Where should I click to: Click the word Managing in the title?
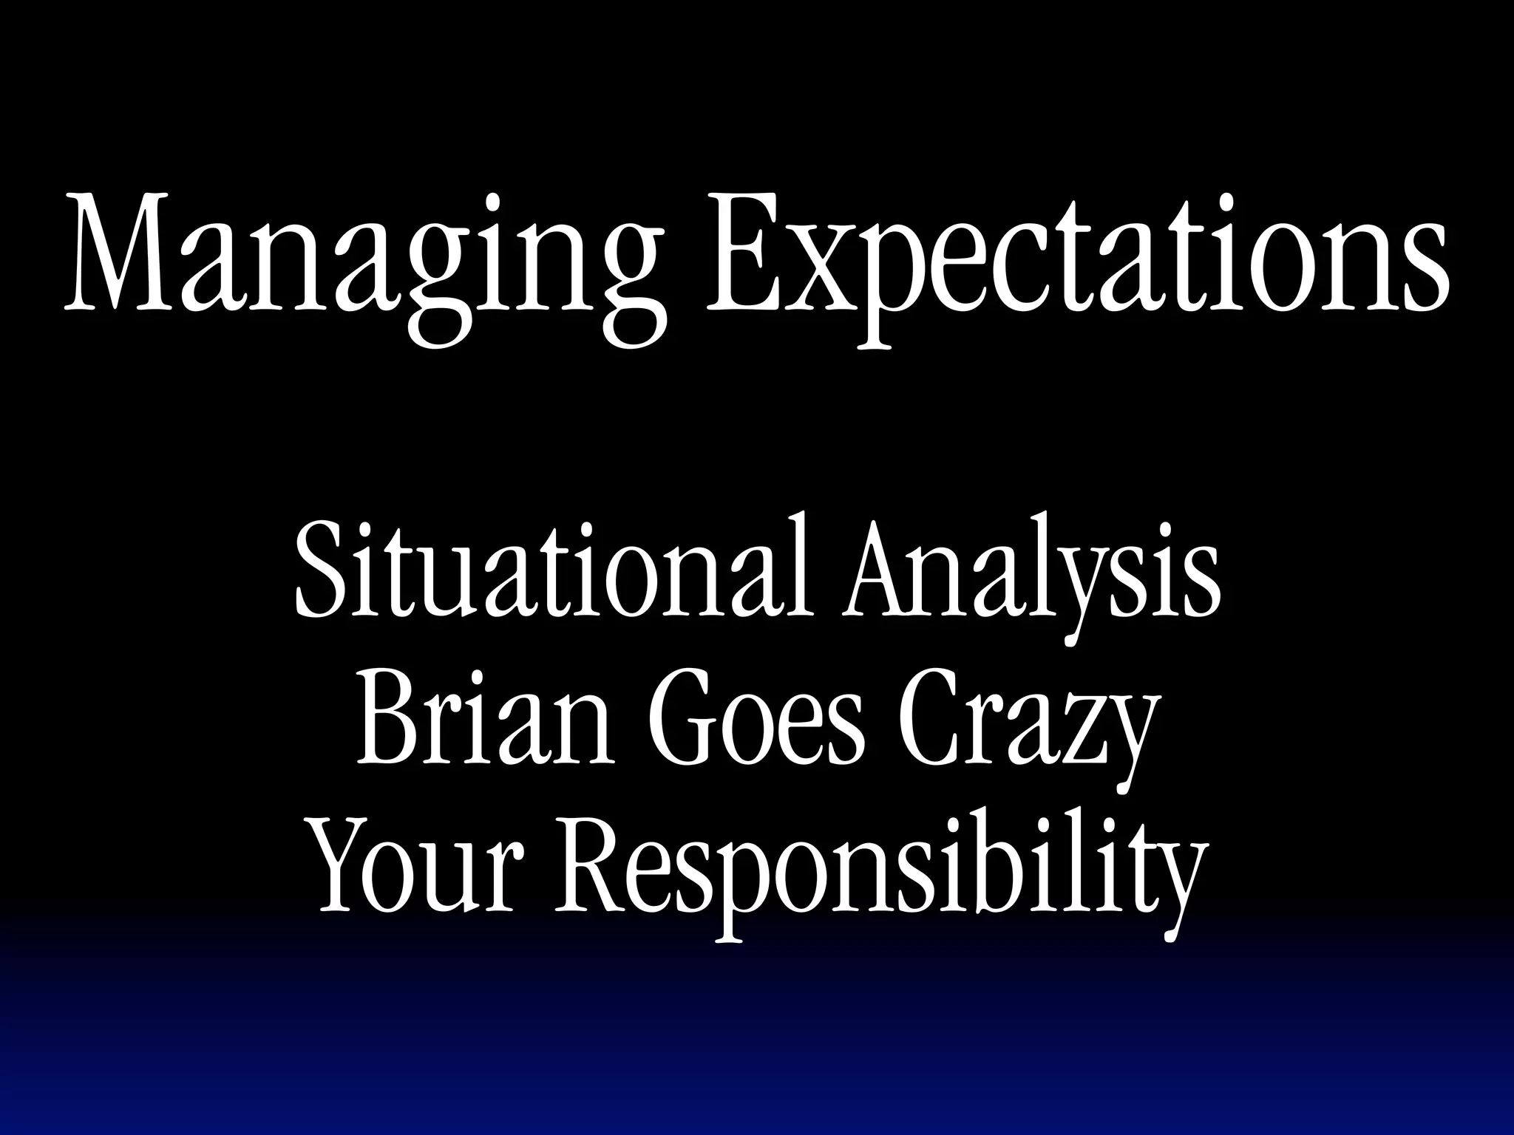362,255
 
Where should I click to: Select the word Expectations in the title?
1076,255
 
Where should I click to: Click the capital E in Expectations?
742,255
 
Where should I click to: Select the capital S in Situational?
319,569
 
